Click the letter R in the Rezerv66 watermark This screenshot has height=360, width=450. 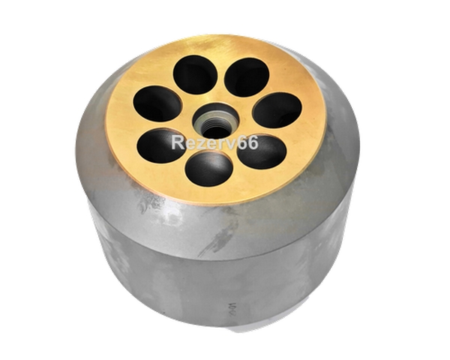(x=178, y=142)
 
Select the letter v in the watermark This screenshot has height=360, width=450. (x=232, y=145)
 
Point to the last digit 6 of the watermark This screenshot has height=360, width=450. (x=253, y=142)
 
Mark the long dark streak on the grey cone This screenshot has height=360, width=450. (x=219, y=236)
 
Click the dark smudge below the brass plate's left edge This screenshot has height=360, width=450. (x=148, y=202)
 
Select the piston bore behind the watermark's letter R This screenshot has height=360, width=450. (x=160, y=145)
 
